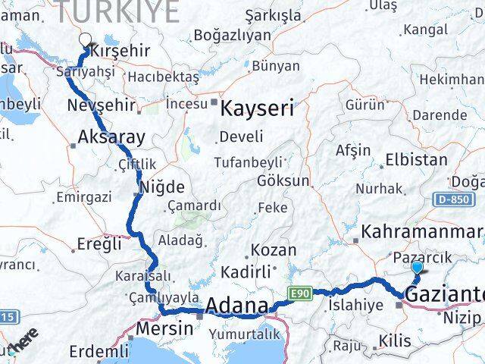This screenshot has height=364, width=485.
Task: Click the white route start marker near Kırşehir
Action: pyautogui.click(x=85, y=42)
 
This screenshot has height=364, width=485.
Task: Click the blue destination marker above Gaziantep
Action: pyautogui.click(x=417, y=268)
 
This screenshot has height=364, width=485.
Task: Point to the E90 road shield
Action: pyautogui.click(x=298, y=293)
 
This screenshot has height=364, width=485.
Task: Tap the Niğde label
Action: pyautogui.click(x=159, y=186)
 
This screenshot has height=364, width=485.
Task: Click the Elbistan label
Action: pyautogui.click(x=416, y=160)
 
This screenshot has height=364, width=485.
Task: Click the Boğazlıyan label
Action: pyautogui.click(x=232, y=35)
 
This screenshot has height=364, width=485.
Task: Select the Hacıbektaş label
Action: pyautogui.click(x=163, y=77)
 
